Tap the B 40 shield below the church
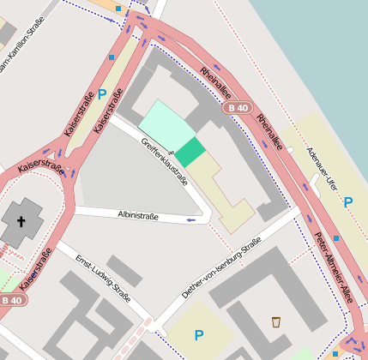click(x=11, y=300)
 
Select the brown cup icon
click(x=275, y=322)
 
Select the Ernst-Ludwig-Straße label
click(x=102, y=278)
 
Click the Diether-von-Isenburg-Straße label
click(x=220, y=268)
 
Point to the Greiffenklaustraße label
click(x=164, y=161)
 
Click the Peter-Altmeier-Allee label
click(x=333, y=266)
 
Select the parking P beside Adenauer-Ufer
click(x=347, y=202)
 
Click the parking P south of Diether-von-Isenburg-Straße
click(x=199, y=335)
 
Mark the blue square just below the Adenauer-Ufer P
click(x=336, y=238)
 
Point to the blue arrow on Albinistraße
click(x=190, y=220)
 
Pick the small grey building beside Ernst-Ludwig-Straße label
click(x=124, y=270)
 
